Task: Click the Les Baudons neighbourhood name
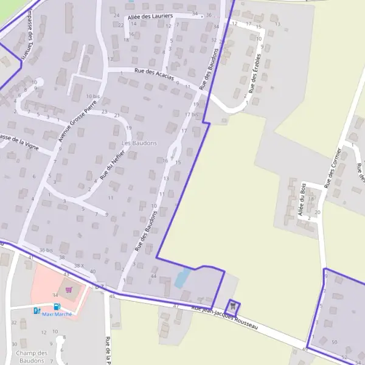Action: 139,143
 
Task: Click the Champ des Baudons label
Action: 32,356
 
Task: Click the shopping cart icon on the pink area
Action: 69,290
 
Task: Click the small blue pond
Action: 181,278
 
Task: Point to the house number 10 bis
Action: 92,96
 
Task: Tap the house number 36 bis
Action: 46,250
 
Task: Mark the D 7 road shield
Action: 100,285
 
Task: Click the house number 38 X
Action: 79,266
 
